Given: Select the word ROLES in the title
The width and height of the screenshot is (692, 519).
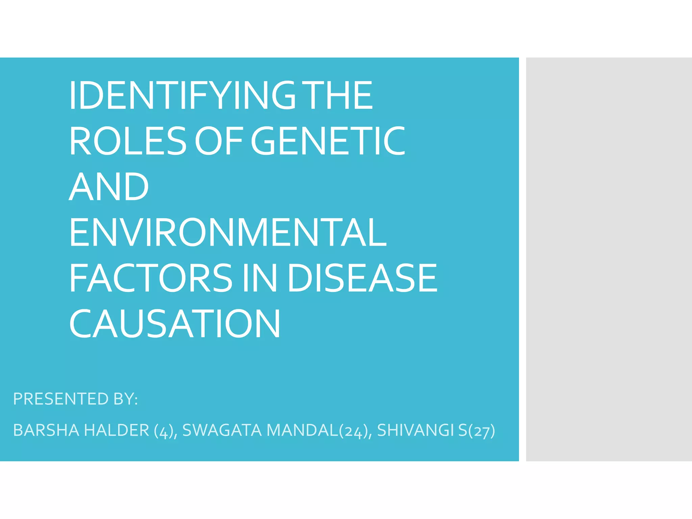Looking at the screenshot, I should click(x=128, y=141).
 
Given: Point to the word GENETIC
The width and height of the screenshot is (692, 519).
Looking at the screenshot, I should click(x=328, y=141).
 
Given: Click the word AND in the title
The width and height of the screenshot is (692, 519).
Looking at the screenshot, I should click(x=109, y=187).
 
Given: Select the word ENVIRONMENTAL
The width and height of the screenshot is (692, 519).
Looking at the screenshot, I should click(x=228, y=232).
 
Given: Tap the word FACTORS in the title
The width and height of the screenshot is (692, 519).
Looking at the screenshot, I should click(x=151, y=278).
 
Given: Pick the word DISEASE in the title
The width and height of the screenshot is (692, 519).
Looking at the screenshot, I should click(x=362, y=278).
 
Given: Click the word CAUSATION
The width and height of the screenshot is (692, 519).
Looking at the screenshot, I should click(x=175, y=324).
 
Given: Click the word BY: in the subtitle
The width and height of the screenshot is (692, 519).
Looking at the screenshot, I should click(x=126, y=399).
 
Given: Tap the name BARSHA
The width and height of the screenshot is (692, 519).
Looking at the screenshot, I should click(x=46, y=430).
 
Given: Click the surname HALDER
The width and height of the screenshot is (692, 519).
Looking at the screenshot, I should click(x=116, y=430).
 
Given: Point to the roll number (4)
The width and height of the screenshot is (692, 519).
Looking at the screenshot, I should click(x=164, y=431).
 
